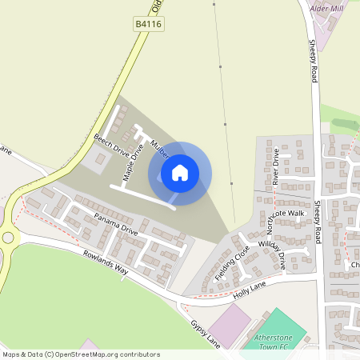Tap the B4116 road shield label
tap(148, 26)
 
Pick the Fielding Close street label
tap(232, 263)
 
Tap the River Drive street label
tap(275, 166)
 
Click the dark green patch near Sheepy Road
tap(343, 124)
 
